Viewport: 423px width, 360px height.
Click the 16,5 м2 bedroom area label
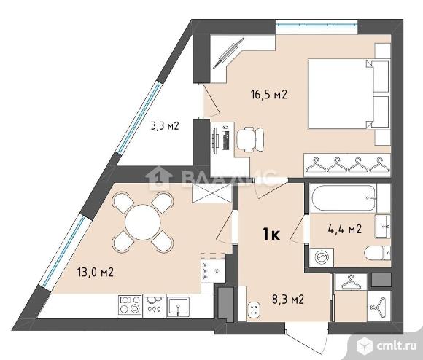tap(268, 95)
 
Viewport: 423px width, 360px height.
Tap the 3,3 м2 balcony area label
tap(165, 125)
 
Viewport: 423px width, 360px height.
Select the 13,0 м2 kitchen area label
tap(96, 272)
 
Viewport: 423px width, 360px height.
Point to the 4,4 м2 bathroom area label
tap(345, 229)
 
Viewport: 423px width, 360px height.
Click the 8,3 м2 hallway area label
tap(288, 299)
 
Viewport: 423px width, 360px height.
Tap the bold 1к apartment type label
tap(271, 234)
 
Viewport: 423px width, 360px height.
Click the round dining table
tap(143, 222)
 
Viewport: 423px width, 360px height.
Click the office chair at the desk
tap(250, 139)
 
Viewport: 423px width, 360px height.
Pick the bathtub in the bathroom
tap(344, 198)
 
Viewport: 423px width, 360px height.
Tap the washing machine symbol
tap(322, 257)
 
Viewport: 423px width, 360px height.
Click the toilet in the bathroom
tap(377, 253)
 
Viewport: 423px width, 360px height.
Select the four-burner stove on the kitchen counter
tap(130, 305)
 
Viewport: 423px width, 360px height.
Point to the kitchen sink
tap(178, 306)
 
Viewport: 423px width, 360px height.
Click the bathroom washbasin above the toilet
tap(383, 227)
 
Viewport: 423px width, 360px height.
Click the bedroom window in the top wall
tap(317, 25)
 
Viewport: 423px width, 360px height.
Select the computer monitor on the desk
tap(215, 141)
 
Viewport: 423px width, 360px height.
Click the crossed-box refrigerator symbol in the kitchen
tap(211, 193)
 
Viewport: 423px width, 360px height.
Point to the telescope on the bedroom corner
tap(228, 53)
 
